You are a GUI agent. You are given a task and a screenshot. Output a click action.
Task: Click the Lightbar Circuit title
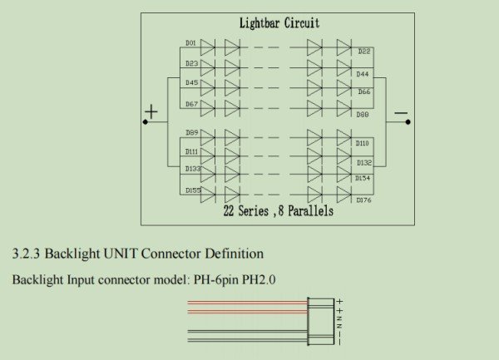[279, 23]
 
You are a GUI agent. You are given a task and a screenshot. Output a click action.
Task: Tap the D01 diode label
[190, 43]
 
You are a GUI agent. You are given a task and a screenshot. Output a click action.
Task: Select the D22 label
[364, 52]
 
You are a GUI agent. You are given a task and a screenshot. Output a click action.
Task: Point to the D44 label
[363, 74]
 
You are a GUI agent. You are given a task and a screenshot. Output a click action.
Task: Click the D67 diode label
[191, 104]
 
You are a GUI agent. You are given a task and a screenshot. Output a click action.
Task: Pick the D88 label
[363, 115]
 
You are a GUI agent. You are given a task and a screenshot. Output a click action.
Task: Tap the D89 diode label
[192, 133]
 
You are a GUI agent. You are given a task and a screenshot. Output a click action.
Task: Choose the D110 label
[362, 144]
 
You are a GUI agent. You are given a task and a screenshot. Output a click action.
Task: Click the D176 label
[363, 200]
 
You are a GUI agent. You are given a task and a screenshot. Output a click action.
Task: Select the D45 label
[191, 82]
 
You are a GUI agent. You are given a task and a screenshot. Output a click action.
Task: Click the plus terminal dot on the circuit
[146, 122]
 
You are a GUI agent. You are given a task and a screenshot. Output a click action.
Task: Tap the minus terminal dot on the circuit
[408, 122]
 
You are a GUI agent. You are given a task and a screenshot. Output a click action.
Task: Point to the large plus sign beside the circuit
[151, 111]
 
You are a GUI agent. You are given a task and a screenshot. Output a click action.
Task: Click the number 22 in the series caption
[229, 211]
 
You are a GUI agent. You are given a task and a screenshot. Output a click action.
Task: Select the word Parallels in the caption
[310, 211]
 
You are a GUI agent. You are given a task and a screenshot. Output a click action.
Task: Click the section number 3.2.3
[26, 254]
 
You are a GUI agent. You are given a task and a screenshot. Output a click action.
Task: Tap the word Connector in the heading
[170, 254]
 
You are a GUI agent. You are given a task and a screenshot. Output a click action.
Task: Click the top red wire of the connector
[248, 303]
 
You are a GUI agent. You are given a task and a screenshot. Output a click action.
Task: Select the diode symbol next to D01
[208, 47]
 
